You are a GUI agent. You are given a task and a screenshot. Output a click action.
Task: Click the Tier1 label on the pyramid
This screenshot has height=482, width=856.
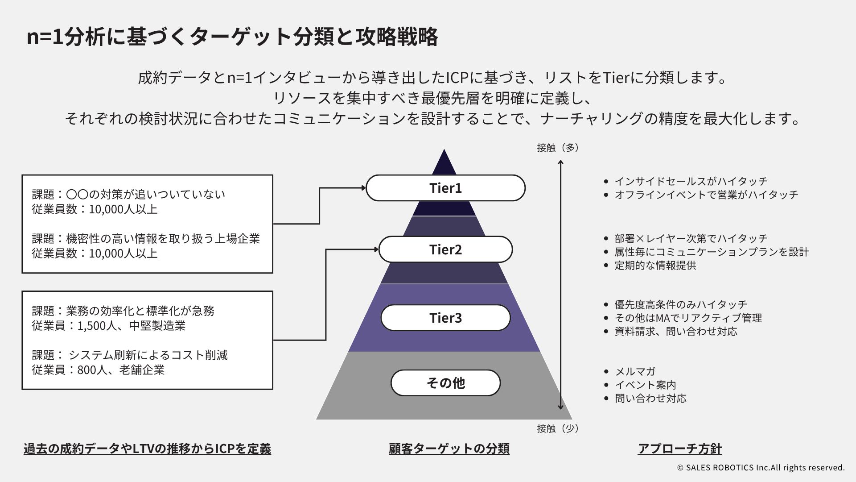point(445,188)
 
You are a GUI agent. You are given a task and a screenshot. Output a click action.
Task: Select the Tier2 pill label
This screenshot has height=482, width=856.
point(445,249)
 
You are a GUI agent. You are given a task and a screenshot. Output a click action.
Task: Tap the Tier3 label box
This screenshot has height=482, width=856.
point(445,318)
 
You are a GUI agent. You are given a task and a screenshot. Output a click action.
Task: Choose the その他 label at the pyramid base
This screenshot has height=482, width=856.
point(445,383)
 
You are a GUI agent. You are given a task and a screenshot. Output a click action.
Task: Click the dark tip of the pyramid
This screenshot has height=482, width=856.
point(444,163)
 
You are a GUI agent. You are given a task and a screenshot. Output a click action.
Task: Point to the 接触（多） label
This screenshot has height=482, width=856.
point(558,148)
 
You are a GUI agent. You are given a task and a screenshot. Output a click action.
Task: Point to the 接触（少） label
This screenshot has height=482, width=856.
point(558,428)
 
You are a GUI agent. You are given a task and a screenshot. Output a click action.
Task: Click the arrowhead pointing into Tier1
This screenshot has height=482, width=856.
point(363,188)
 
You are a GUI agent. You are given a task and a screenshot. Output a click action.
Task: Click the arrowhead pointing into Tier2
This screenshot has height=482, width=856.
point(376,249)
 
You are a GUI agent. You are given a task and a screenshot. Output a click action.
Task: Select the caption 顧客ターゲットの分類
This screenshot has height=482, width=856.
point(449,449)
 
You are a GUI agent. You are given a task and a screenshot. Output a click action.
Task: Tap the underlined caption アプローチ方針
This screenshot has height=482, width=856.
point(679,449)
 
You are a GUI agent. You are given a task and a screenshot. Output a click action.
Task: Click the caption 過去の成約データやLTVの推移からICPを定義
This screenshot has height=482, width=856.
point(147,449)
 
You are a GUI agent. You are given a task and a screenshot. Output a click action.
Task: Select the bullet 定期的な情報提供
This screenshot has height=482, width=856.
point(655,265)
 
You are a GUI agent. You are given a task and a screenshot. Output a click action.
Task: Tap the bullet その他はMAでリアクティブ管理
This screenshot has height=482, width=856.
point(688,318)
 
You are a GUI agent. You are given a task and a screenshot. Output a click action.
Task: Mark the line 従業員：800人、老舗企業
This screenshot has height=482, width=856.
point(98,370)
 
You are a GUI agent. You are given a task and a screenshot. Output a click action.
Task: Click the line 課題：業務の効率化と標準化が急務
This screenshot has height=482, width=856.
point(123,311)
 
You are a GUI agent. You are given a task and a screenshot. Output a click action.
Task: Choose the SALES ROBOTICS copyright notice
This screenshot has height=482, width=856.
point(761,468)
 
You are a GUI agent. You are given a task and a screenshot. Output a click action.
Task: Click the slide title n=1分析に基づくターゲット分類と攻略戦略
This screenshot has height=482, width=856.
point(232,37)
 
